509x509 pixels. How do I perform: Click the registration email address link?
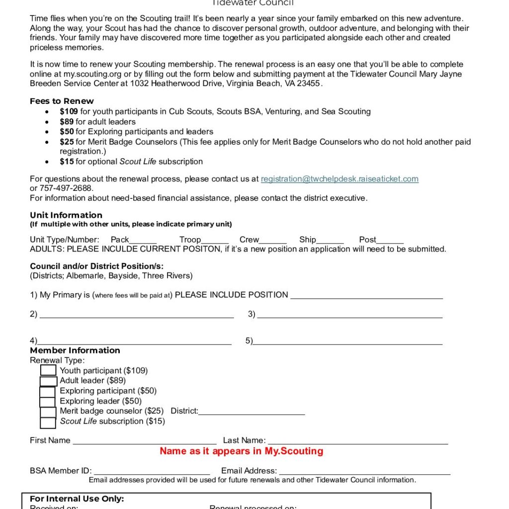pos(339,179)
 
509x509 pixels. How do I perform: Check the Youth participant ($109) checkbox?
pos(48,370)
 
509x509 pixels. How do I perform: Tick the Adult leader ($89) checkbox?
pos(48,381)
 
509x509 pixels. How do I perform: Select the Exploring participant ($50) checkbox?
pos(48,391)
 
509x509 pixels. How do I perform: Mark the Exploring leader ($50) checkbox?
pos(48,402)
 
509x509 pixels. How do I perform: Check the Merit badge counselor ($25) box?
pos(48,412)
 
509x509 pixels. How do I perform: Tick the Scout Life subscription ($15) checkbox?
pos(48,423)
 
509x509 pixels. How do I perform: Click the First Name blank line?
pos(145,440)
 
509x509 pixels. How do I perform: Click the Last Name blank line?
pos(358,440)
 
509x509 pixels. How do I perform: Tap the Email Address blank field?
pos(365,471)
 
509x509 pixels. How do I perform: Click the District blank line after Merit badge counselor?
pos(252,411)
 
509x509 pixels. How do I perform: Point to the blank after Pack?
pos(143,240)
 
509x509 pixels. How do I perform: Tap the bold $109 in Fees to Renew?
pos(69,111)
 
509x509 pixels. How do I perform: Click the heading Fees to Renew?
pos(62,101)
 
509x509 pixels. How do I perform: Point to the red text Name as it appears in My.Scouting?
pos(241,451)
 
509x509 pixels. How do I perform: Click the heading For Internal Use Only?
pos(77,499)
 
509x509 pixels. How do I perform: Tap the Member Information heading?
pos(75,350)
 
